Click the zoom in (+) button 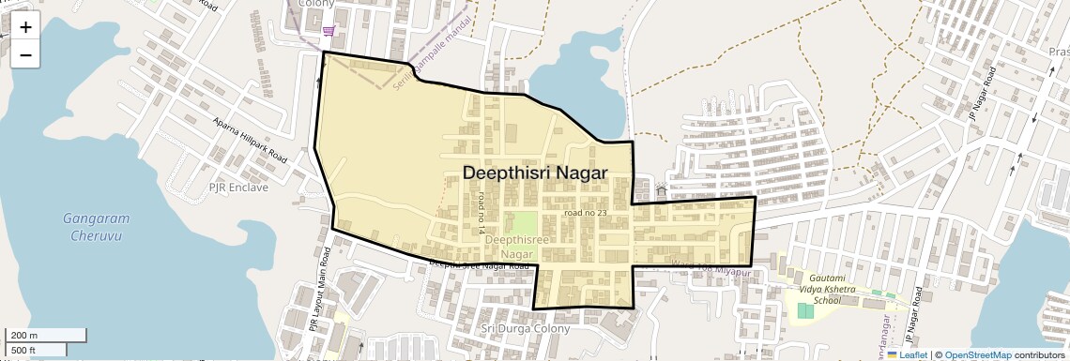pos(25,27)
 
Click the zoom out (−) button pos(25,55)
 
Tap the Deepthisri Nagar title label pos(535,173)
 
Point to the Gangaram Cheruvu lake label pos(96,226)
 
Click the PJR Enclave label pos(238,188)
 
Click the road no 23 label pos(587,214)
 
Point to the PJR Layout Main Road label pos(319,290)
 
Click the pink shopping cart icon pos(328,32)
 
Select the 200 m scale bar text pos(24,335)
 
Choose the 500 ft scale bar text pos(24,350)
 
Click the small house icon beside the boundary pos(661,190)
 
